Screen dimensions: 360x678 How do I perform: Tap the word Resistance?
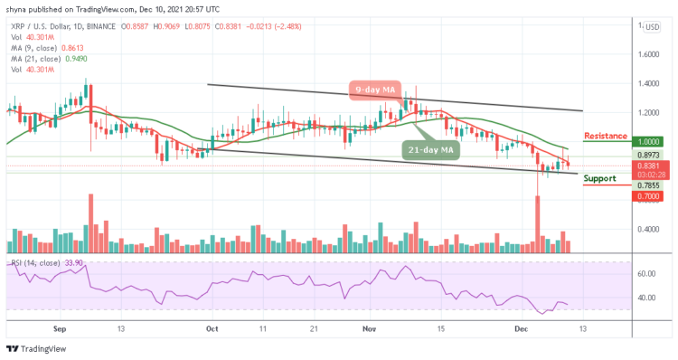606,136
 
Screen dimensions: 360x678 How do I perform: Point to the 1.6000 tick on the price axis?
650,53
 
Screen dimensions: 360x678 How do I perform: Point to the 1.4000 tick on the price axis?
650,83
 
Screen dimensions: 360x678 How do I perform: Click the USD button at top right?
652,26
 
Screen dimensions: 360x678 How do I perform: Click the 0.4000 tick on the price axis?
650,229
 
